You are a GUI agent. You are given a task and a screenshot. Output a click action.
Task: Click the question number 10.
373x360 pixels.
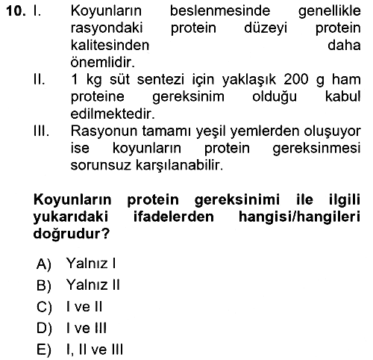pos(16,11)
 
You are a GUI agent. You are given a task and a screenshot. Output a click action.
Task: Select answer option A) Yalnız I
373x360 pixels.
pos(76,263)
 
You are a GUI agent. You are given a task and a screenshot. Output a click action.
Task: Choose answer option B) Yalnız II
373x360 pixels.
pos(78,285)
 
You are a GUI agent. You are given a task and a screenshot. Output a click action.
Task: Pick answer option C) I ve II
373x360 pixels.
pos(69,306)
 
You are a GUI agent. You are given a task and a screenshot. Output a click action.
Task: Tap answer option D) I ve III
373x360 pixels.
pos(72,328)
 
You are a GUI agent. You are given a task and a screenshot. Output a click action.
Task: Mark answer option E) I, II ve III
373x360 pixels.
pos(80,350)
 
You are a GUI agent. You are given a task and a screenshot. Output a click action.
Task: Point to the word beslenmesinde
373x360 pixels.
pos(220,11)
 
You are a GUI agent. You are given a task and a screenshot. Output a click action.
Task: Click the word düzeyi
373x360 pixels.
pos(266,28)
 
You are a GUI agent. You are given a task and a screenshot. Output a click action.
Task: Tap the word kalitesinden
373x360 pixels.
pos(110,46)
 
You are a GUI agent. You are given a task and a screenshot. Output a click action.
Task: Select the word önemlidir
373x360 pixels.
pos(103,62)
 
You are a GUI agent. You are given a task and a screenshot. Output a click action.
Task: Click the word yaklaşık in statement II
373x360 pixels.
pos(249,80)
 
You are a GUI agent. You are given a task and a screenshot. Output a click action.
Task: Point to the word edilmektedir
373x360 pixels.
pos(113,114)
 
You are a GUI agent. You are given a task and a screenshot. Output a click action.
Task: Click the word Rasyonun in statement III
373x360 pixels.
pos(104,131)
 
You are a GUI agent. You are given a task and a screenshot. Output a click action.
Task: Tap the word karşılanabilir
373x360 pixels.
pos(179,165)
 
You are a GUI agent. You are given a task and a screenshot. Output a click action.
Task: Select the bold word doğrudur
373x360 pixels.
pos(72,234)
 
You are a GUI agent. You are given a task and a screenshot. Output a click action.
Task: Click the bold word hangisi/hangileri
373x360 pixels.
pos(300,217)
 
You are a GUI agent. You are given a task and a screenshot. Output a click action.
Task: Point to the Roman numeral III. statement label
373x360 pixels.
pos(41,131)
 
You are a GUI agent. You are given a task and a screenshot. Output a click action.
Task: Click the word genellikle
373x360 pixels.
pos(330,12)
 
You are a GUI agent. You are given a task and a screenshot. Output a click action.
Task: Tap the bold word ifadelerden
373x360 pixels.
pos(174,217)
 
